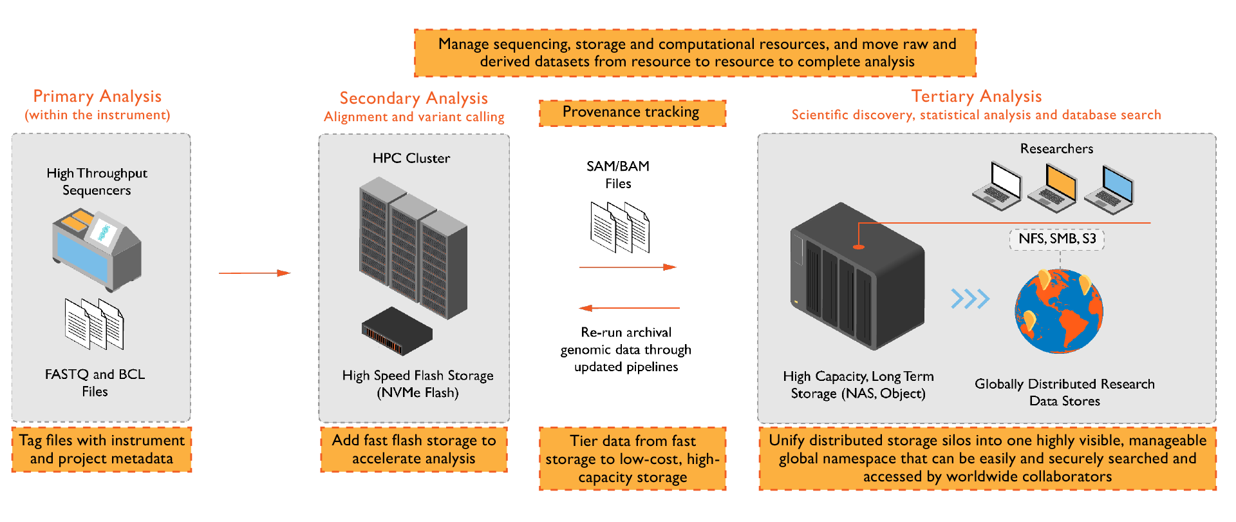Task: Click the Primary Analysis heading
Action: click(x=97, y=96)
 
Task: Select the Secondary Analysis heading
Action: click(x=413, y=98)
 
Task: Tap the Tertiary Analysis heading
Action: click(x=976, y=96)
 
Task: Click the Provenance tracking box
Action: click(x=632, y=112)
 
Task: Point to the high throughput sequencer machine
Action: click(x=97, y=248)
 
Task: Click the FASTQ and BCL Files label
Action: click(x=95, y=383)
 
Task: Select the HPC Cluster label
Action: click(x=411, y=158)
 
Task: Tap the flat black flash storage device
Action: click(x=397, y=331)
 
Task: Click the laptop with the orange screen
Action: click(x=1053, y=189)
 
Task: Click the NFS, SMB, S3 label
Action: click(x=1057, y=239)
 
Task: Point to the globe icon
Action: click(x=1059, y=311)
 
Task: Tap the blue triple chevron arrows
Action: click(x=970, y=298)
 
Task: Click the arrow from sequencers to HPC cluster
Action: click(x=255, y=273)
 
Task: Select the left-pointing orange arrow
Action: click(x=629, y=308)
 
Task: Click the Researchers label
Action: click(x=1056, y=149)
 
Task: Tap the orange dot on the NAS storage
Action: click(x=858, y=246)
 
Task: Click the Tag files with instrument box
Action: click(x=102, y=449)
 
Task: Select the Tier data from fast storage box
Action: click(x=632, y=459)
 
